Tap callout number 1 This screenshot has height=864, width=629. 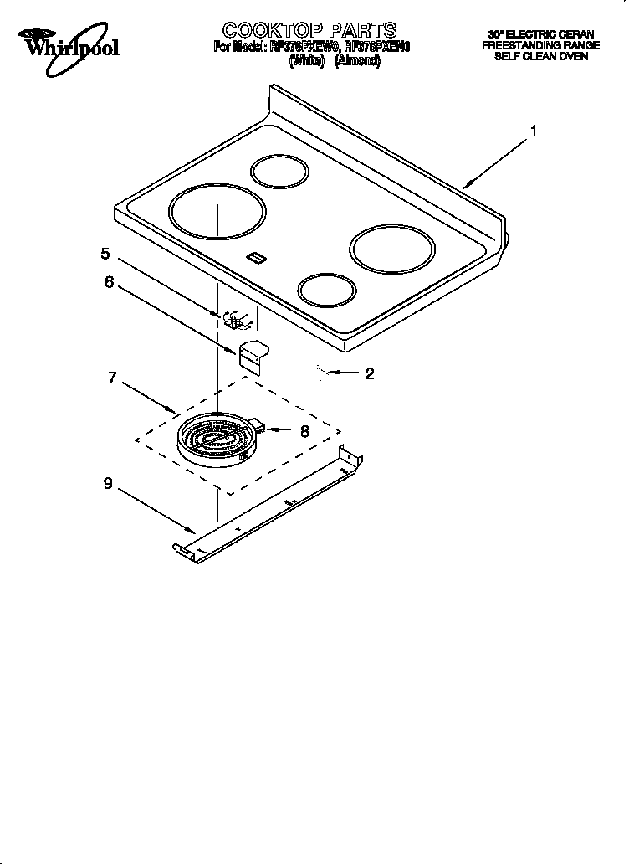(533, 131)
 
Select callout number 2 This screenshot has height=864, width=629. (369, 373)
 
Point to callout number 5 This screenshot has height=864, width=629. (105, 253)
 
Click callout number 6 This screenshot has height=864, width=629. (109, 282)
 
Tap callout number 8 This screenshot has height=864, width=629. (304, 430)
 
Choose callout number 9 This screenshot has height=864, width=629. (107, 482)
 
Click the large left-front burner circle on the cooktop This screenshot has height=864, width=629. (216, 210)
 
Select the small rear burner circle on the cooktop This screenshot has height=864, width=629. (282, 173)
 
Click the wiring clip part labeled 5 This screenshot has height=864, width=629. (233, 321)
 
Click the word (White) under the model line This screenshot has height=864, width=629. (305, 62)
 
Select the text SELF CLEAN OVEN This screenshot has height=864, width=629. (540, 57)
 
